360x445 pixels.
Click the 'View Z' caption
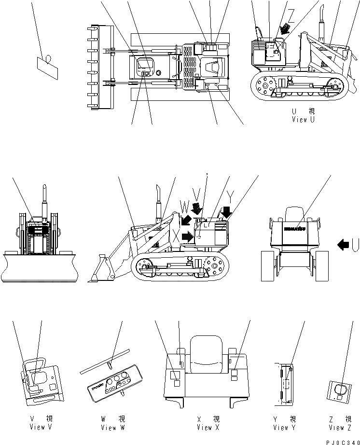tap(341, 427)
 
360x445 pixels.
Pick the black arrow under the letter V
tap(197, 209)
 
